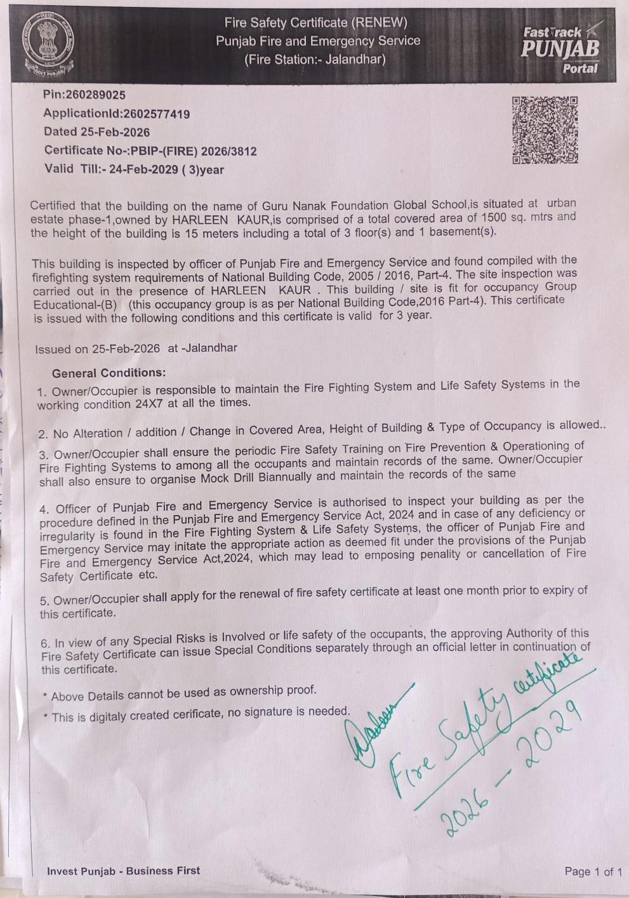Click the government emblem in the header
[46, 44]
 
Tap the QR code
[545, 130]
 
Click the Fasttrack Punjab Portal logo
[560, 49]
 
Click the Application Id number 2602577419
[157, 114]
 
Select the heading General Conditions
[109, 373]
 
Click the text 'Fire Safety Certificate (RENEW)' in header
[315, 23]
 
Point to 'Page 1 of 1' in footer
[593, 871]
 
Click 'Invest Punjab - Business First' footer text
[123, 871]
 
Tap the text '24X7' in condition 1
[150, 403]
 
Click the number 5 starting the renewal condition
[44, 600]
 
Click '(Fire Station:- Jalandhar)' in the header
[315, 60]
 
